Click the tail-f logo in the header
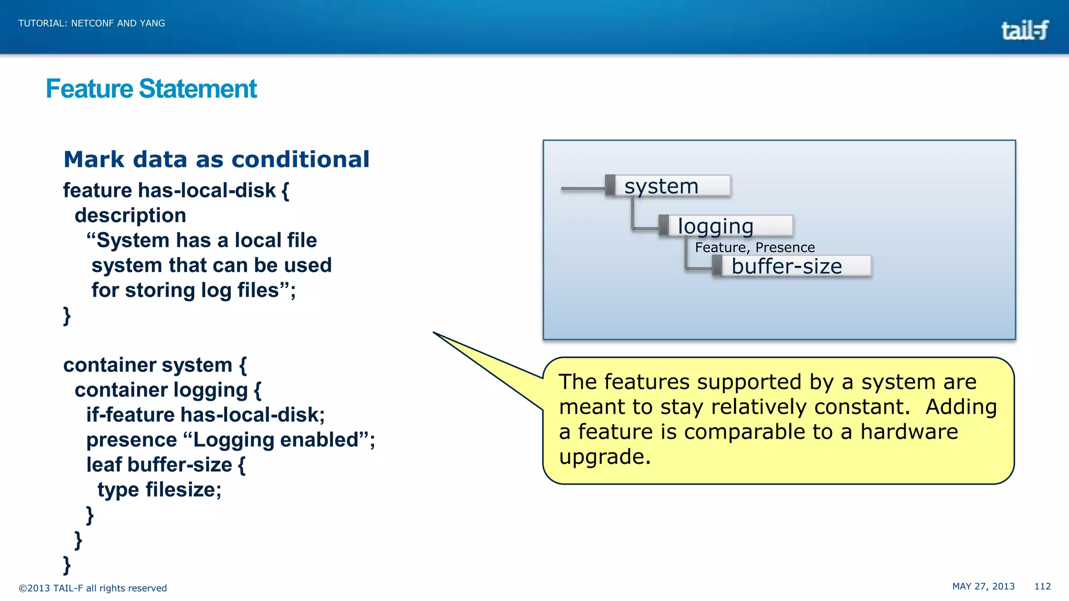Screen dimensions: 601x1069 click(1024, 30)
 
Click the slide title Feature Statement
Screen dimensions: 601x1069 click(151, 89)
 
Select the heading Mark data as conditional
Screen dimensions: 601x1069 click(216, 159)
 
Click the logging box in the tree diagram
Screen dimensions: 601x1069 click(726, 226)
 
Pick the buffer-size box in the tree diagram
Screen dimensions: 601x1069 click(791, 266)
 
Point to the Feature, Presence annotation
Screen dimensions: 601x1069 click(754, 247)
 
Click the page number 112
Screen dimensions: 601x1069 click(1042, 586)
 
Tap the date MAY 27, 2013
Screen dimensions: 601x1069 click(983, 586)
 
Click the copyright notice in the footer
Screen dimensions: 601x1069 click(93, 588)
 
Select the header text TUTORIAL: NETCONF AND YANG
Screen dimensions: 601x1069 click(92, 23)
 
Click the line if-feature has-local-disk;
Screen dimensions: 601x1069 click(206, 415)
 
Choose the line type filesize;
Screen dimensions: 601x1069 click(159, 490)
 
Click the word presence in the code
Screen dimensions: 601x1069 click(132, 440)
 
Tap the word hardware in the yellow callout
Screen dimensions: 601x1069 click(909, 432)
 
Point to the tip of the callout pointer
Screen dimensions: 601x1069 click(434, 332)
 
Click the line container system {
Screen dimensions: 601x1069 click(155, 365)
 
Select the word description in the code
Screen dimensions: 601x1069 click(130, 215)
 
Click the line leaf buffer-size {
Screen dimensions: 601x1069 click(165, 465)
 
